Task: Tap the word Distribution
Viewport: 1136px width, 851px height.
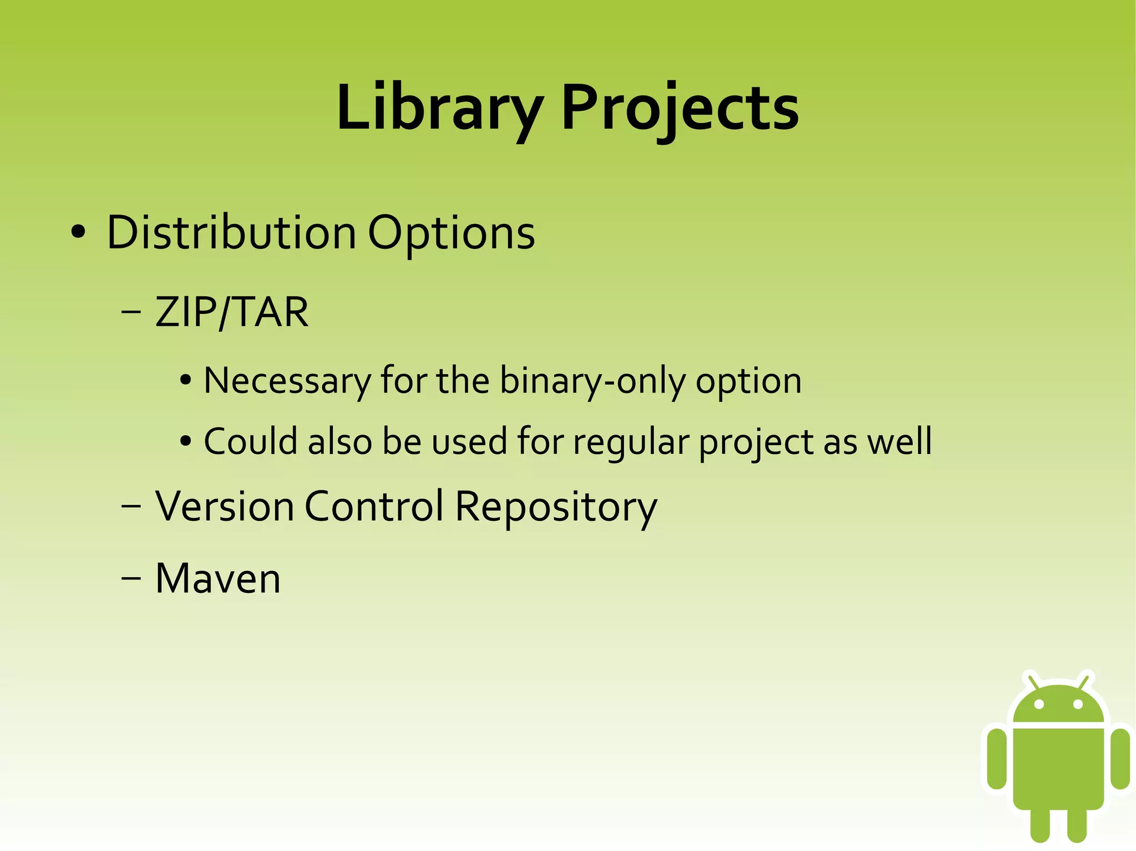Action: (x=231, y=233)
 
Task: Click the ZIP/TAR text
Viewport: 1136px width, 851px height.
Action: (x=231, y=312)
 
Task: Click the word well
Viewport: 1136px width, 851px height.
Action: (x=899, y=442)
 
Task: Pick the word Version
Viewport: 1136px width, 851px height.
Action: (x=224, y=506)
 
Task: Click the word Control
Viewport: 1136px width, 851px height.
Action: (x=374, y=506)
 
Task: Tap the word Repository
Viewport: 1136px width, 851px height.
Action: (x=556, y=507)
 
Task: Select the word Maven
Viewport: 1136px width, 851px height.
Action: (x=218, y=579)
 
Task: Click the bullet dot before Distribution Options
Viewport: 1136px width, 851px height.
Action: (x=78, y=233)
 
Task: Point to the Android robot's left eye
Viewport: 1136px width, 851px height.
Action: (x=1039, y=704)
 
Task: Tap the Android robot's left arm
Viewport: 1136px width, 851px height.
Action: (x=997, y=758)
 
